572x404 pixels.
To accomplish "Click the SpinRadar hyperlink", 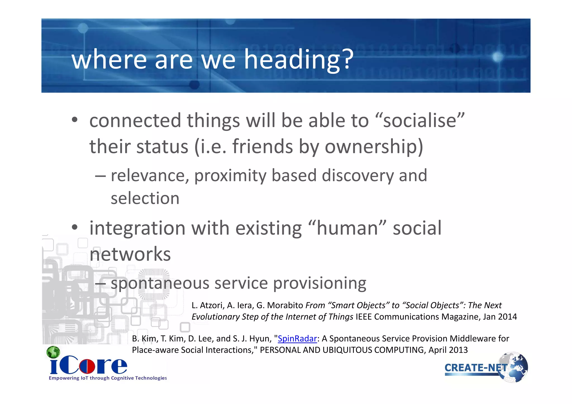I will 297,338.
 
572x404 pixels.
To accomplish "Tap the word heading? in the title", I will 299,59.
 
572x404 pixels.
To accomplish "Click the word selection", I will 145,198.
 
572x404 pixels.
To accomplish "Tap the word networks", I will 130,254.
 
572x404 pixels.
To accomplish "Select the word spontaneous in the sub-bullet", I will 160,283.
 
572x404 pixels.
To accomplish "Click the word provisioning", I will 320,283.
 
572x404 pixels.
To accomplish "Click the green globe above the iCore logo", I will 53,352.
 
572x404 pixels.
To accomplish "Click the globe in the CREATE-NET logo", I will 514,367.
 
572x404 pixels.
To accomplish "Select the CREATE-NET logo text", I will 475,368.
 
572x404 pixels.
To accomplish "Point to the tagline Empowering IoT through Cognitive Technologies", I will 108,378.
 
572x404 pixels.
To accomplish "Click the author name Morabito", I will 285,305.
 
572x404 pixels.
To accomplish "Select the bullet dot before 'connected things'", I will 75,120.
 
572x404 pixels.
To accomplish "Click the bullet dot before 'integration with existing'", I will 75,227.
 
